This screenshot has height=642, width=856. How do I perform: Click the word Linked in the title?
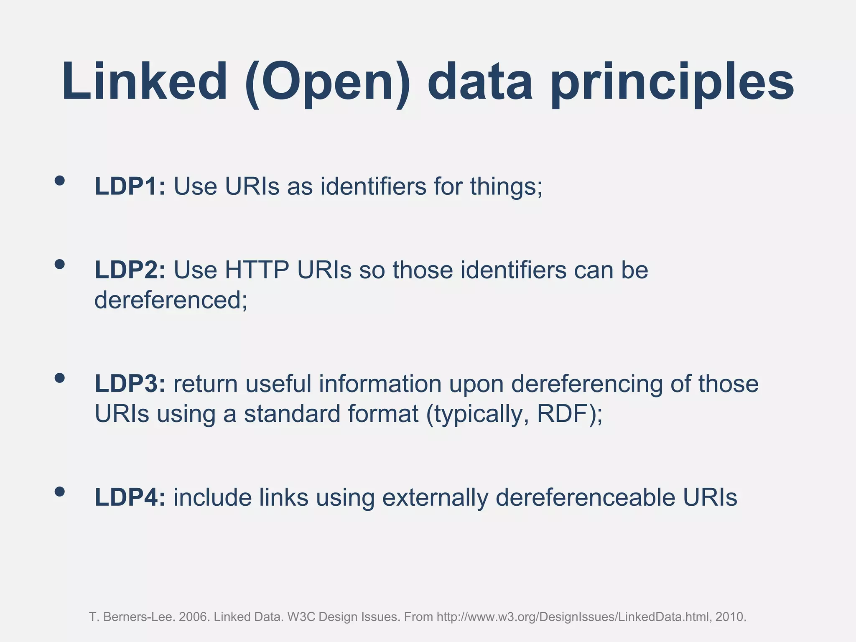tap(145, 82)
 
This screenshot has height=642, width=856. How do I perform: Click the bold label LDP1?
tap(130, 186)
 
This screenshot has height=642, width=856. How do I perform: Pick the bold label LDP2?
tap(130, 270)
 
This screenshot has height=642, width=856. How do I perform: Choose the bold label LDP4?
tap(130, 497)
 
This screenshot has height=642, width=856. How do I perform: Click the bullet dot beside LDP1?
tap(60, 180)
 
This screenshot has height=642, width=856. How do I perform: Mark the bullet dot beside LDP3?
tap(60, 378)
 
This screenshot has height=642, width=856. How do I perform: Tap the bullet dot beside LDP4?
tap(60, 492)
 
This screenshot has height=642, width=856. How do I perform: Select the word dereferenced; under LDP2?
tap(171, 300)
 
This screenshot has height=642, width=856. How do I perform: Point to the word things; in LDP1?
tap(506, 186)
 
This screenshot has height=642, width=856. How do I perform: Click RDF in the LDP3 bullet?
tap(563, 414)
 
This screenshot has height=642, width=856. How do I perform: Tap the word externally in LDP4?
tap(435, 497)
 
